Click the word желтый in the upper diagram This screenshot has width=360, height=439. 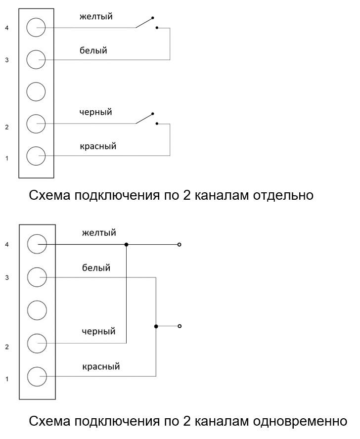point(96,17)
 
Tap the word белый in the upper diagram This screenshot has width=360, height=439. point(93,50)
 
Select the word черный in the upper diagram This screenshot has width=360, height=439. point(96,112)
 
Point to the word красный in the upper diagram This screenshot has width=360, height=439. point(99,146)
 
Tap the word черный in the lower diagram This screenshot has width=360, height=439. point(99,331)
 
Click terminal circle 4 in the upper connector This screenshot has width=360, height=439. point(36,28)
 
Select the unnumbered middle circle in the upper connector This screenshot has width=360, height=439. point(36,91)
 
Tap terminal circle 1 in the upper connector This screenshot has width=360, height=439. point(36,157)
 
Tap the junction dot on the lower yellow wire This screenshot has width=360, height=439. point(127,244)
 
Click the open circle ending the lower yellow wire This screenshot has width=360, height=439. point(180,244)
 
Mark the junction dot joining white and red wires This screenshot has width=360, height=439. point(156,326)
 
